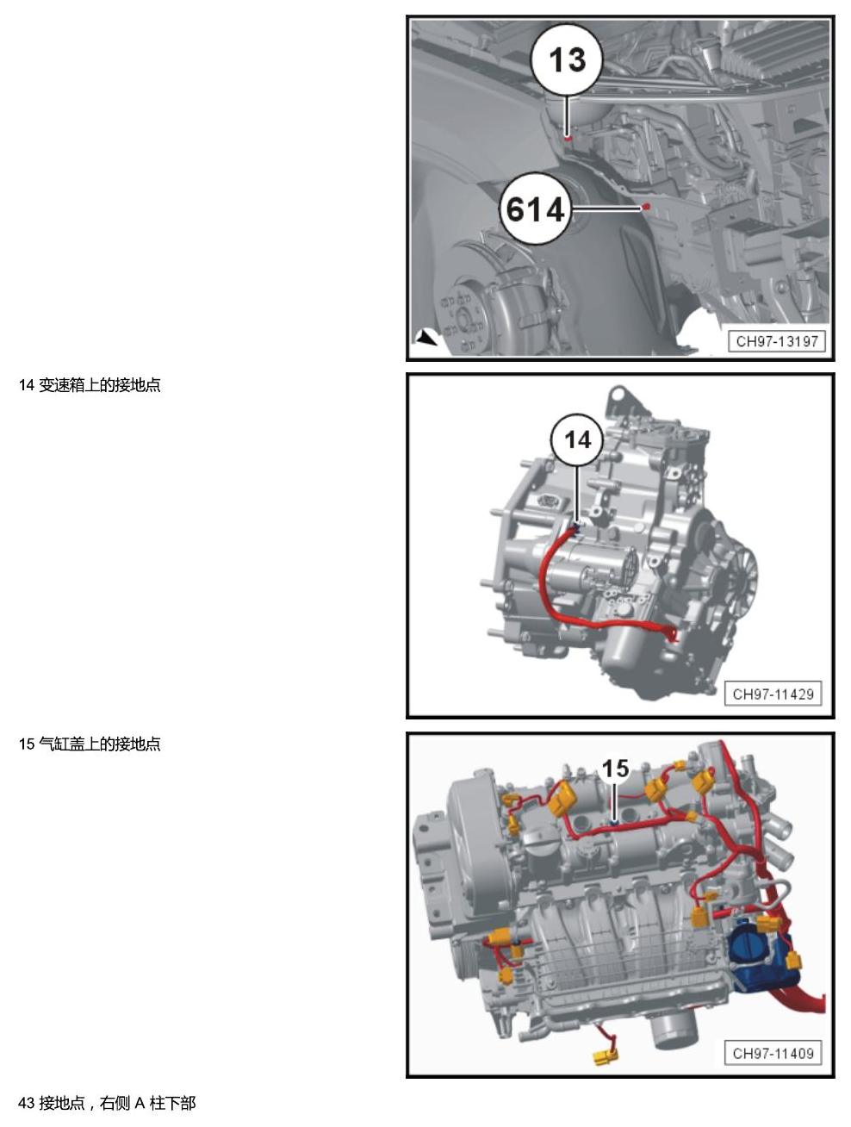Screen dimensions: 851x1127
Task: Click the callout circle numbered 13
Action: tap(567, 59)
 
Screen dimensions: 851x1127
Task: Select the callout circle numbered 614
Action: tap(536, 209)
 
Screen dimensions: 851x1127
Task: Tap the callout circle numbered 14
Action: tap(577, 440)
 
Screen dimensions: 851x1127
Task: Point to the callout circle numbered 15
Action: tap(615, 769)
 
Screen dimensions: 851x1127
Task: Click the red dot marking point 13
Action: tap(567, 138)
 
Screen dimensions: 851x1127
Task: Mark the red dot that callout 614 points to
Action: tap(646, 207)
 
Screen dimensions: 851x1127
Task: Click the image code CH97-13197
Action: tap(777, 341)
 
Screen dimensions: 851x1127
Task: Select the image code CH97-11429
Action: tap(773, 694)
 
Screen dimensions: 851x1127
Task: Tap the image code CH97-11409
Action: tap(773, 1054)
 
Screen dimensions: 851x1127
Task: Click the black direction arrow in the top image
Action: tap(425, 338)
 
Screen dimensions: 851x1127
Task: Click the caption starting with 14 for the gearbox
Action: tap(90, 386)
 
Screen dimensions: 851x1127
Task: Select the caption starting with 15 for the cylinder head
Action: tap(90, 744)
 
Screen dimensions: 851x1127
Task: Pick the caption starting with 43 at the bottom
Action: tap(107, 1103)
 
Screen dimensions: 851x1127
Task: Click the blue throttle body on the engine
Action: tap(755, 952)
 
